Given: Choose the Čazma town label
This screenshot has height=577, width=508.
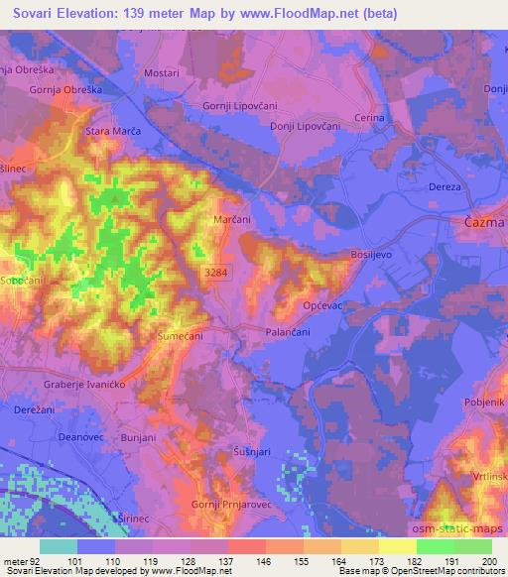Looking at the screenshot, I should pyautogui.click(x=485, y=224).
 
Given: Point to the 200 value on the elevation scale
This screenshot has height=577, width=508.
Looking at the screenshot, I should pyautogui.click(x=488, y=561).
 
